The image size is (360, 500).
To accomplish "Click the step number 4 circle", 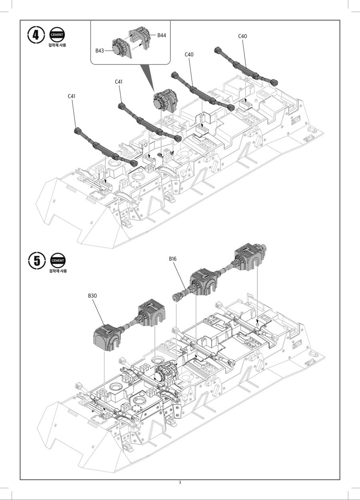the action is point(36,35).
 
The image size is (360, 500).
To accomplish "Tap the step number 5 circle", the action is point(37,260).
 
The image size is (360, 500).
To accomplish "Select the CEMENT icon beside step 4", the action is point(57,34).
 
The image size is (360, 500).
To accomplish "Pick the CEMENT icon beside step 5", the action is point(58,260).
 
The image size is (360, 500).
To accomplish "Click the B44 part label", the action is point(162,35).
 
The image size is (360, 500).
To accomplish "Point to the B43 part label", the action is point(100,51).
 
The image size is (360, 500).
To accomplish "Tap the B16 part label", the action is point(172,259).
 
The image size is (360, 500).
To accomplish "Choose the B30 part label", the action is point(92,296).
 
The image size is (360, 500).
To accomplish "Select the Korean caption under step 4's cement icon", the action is point(57,45).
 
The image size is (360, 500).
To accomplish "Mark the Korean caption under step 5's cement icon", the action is point(58,271).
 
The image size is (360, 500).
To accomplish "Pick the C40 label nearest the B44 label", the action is point(189,54).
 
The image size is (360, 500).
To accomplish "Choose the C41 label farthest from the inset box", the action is point(71,96).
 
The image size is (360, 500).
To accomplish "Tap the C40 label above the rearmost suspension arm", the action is point(242,36).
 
